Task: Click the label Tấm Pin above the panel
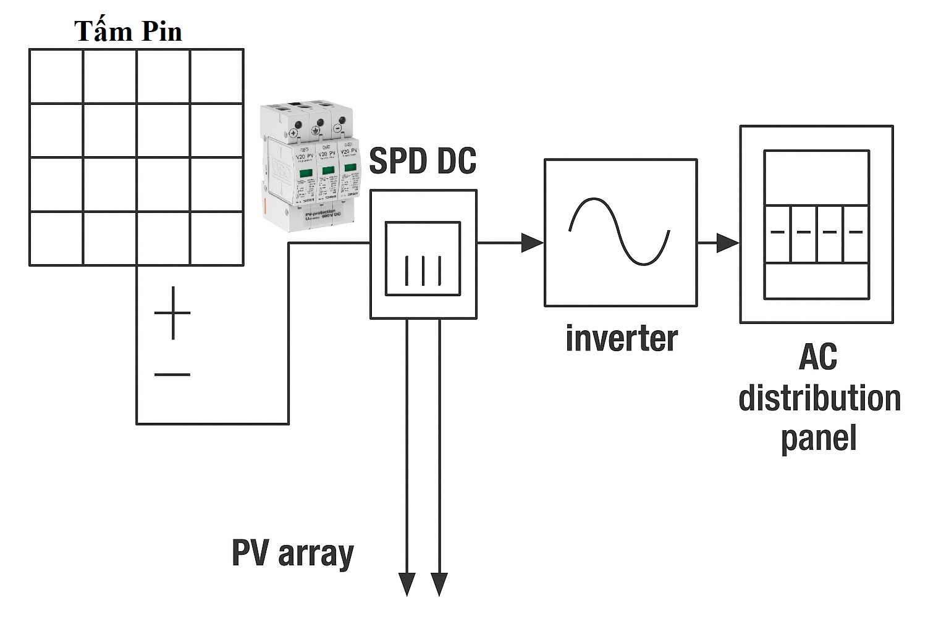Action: click(129, 31)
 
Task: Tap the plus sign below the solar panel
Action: click(172, 313)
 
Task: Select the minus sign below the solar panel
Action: click(172, 374)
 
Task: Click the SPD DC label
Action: click(423, 160)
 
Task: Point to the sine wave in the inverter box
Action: click(620, 231)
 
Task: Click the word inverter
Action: click(621, 339)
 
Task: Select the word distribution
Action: click(819, 398)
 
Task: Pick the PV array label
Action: click(292, 553)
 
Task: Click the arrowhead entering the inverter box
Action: click(531, 243)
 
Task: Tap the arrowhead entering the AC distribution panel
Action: click(727, 243)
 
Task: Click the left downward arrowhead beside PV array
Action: click(407, 584)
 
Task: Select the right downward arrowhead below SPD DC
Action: click(439, 584)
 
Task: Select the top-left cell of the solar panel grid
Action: click(56, 77)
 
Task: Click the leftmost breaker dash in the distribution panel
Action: click(777, 232)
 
